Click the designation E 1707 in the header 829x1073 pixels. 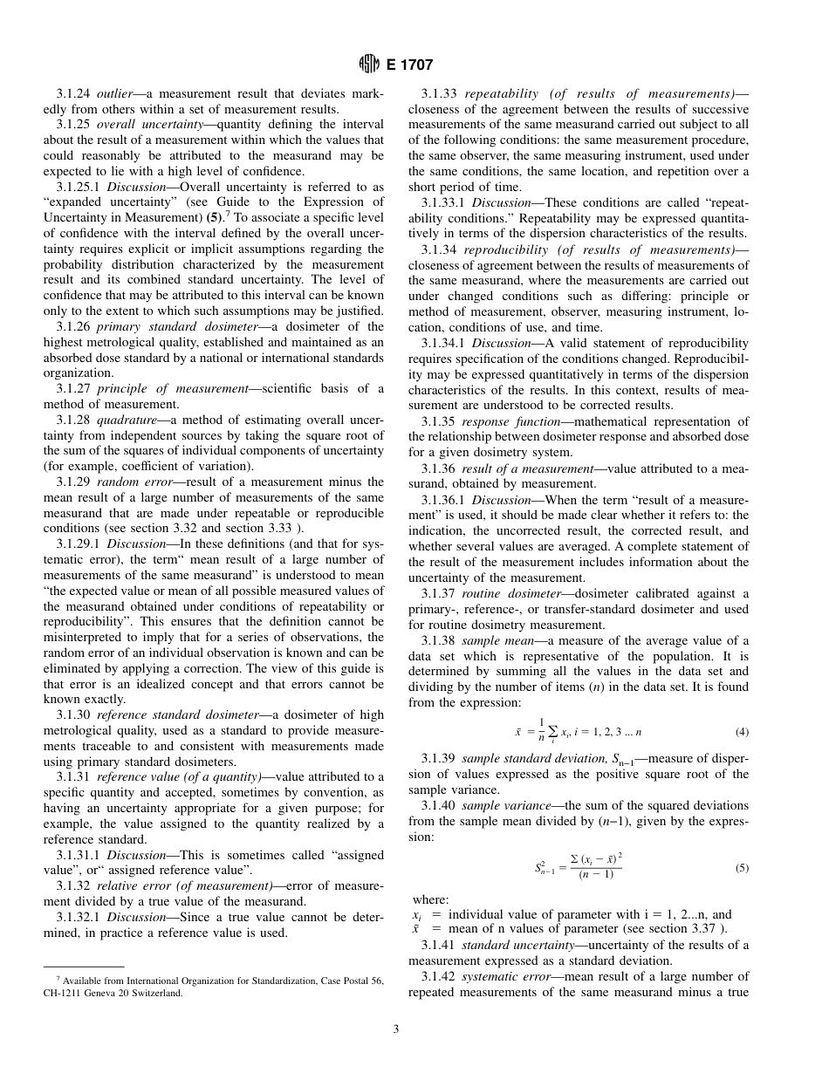[x=408, y=64]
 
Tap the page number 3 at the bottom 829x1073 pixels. [x=395, y=1029]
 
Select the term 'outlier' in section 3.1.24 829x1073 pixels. [x=114, y=93]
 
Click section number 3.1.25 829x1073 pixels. [x=74, y=125]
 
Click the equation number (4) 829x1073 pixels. [x=742, y=732]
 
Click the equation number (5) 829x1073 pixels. [x=742, y=868]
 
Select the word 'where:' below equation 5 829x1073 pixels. [x=431, y=899]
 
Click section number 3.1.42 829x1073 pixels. [x=438, y=976]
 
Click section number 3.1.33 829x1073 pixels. [x=438, y=93]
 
